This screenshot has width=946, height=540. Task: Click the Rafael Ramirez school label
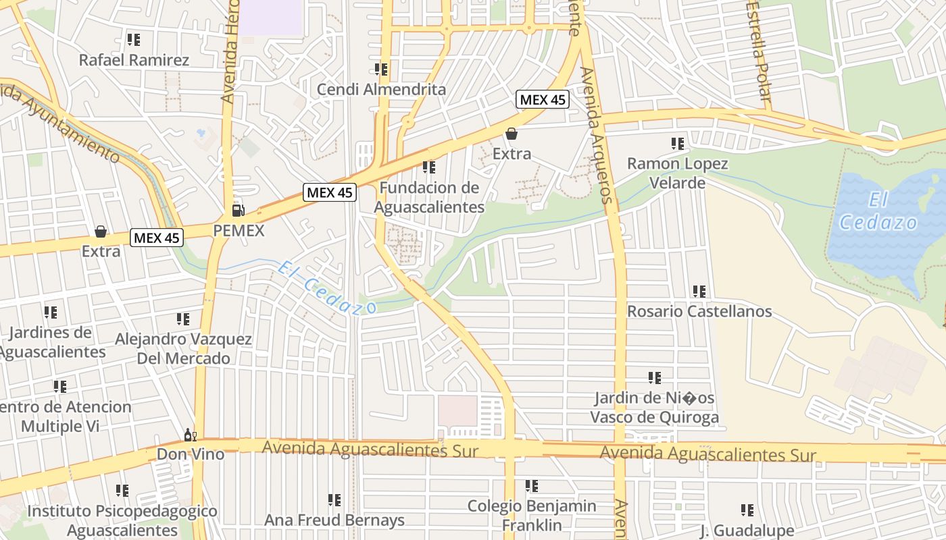click(134, 60)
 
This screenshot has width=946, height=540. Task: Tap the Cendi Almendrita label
click(381, 89)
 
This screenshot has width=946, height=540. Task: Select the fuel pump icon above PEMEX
click(238, 211)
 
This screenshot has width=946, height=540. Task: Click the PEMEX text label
click(239, 231)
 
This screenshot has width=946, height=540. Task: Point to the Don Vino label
click(191, 454)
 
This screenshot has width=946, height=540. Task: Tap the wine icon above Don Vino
click(191, 435)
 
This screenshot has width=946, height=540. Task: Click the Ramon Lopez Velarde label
click(677, 173)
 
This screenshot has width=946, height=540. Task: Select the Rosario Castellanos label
click(699, 311)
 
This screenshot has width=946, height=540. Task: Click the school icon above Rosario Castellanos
click(699, 292)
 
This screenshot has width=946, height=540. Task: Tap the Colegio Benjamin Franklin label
click(532, 515)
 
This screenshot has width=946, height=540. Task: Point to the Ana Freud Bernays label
click(334, 520)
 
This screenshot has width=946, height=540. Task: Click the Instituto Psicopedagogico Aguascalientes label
click(122, 520)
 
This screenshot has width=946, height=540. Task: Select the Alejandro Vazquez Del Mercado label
click(183, 348)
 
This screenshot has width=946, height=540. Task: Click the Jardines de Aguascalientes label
click(51, 342)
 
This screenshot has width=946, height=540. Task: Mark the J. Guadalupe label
click(747, 530)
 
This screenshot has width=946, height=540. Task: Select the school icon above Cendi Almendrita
click(381, 70)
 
